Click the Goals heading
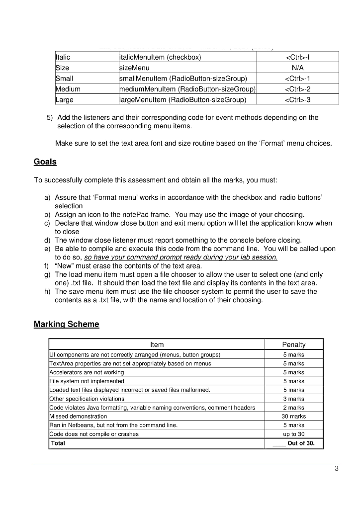tap(45, 162)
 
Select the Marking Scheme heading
tap(66, 324)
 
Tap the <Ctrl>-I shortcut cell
tap(297, 57)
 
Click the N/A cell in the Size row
tap(297, 68)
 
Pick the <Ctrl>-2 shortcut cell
tap(297, 89)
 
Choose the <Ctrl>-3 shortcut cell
tap(297, 100)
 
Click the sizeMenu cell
tap(134, 68)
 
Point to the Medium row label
tap(68, 89)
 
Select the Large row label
tap(65, 100)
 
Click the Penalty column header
tap(293, 344)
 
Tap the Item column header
tap(157, 344)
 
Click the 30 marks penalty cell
tap(293, 416)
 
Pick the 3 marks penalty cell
tap(293, 399)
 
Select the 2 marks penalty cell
tap(293, 408)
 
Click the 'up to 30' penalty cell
tap(293, 434)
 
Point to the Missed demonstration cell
tap(78, 416)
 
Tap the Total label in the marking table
tap(58, 443)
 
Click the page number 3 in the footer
tap(336, 468)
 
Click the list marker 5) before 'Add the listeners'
tap(50, 118)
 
